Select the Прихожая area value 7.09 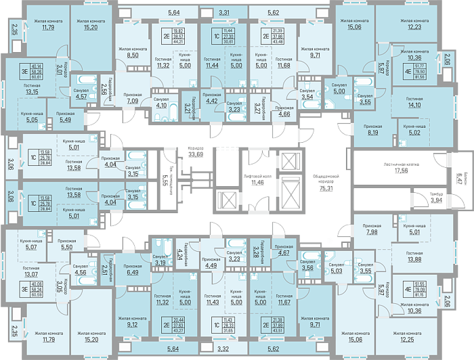pos(133,102)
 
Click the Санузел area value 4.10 pos(162,105)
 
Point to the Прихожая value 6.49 pos(133,273)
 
